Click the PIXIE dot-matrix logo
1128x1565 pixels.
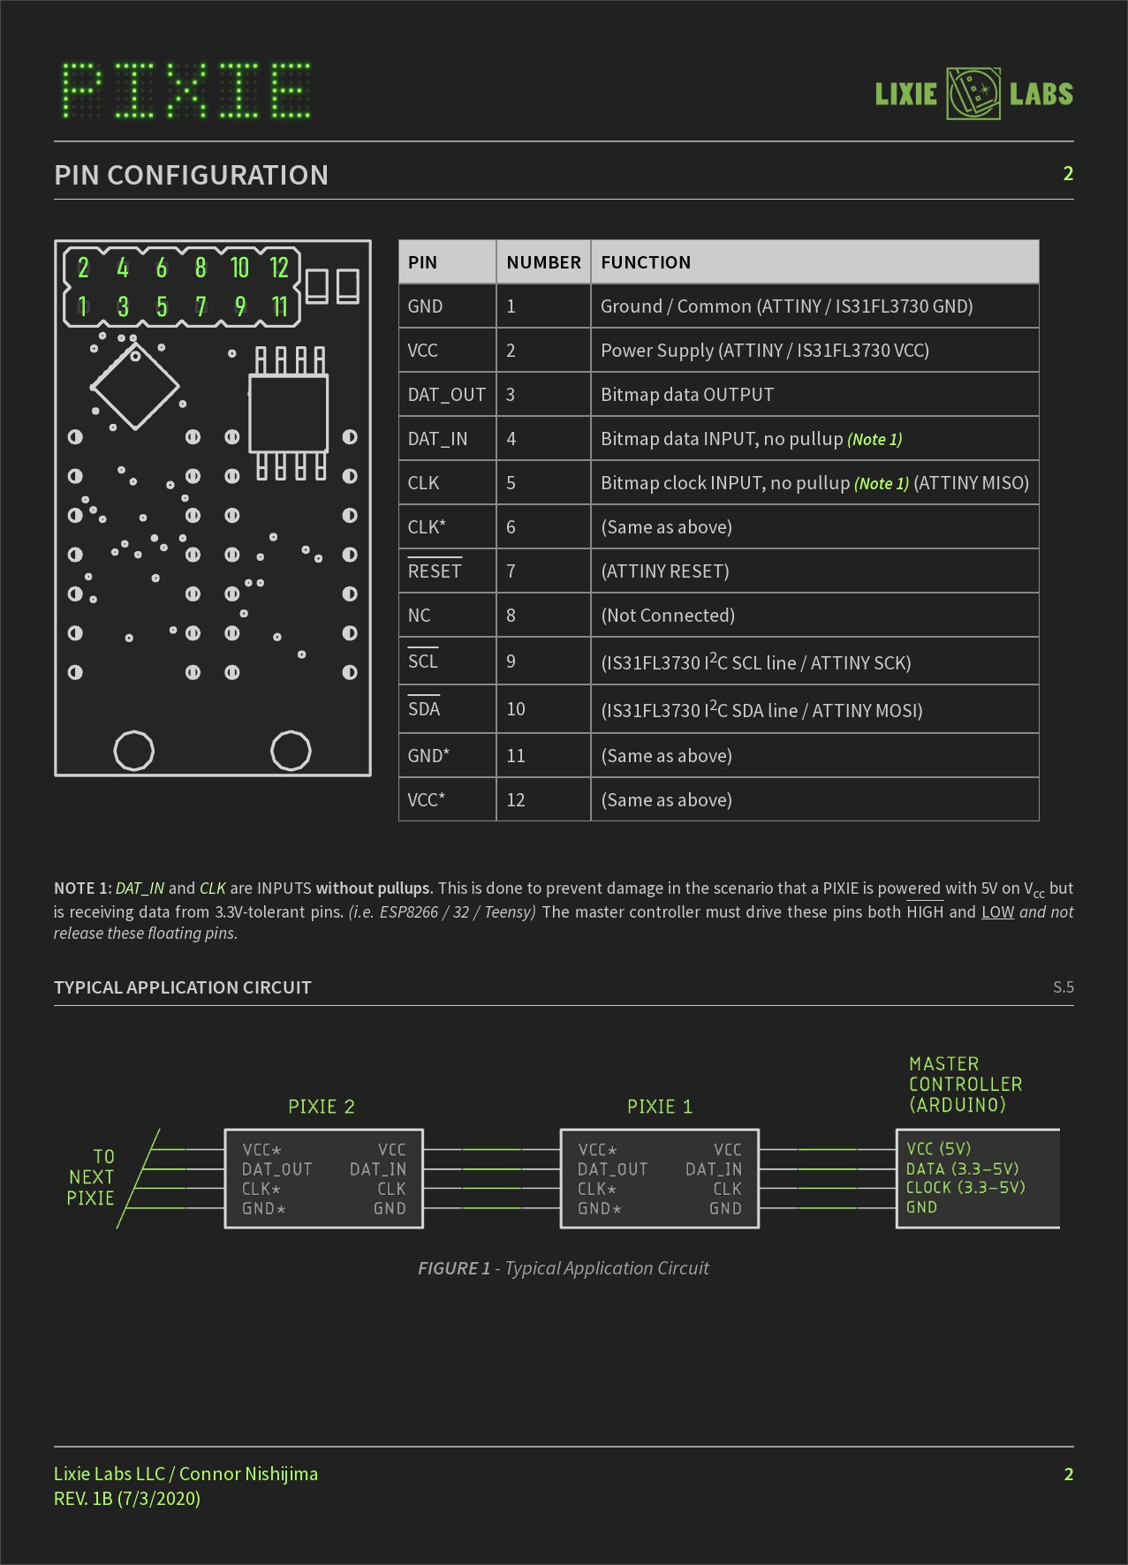tap(186, 90)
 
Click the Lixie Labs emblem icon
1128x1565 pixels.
tap(973, 94)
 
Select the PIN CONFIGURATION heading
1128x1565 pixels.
tap(191, 175)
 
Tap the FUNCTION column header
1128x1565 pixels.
tap(646, 262)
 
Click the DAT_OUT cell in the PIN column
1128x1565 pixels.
tap(446, 395)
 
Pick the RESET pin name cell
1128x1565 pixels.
tap(435, 571)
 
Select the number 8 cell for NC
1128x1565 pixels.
tap(511, 616)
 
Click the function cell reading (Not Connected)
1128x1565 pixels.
tap(668, 616)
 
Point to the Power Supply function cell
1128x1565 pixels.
tap(764, 351)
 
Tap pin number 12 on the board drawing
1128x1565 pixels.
tap(279, 268)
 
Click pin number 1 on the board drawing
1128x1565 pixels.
tap(82, 306)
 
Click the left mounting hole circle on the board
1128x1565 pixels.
tap(134, 751)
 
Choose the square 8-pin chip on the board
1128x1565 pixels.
tap(289, 412)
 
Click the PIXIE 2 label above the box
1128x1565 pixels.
tap(322, 1107)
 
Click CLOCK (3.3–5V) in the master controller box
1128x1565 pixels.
tap(965, 1188)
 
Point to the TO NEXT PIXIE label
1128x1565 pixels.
tap(91, 1177)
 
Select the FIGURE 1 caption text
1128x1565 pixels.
tap(564, 1268)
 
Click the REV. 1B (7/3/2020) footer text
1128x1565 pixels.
tap(127, 1499)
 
